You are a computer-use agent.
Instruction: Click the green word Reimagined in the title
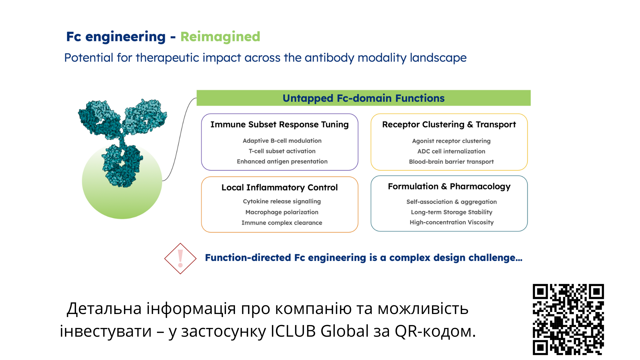(x=220, y=37)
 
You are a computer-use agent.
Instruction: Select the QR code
(x=568, y=319)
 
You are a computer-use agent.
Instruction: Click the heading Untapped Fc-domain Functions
(x=363, y=98)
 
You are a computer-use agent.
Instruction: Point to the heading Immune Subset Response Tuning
(x=279, y=124)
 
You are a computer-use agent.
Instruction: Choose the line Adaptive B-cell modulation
(x=282, y=141)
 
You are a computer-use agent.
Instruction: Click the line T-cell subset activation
(x=282, y=151)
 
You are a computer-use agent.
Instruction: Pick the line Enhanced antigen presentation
(x=282, y=161)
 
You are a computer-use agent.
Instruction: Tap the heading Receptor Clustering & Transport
(x=449, y=124)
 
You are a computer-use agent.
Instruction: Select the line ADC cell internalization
(x=451, y=151)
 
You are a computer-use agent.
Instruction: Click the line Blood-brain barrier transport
(x=451, y=162)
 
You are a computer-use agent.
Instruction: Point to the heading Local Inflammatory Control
(x=279, y=188)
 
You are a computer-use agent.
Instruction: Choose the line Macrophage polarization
(x=282, y=212)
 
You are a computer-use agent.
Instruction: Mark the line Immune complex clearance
(x=282, y=223)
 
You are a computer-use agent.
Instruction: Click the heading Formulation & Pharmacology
(x=449, y=187)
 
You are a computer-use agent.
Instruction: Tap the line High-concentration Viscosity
(x=451, y=222)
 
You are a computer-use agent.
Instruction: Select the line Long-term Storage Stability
(x=451, y=212)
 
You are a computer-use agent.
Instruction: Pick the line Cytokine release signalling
(x=282, y=202)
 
